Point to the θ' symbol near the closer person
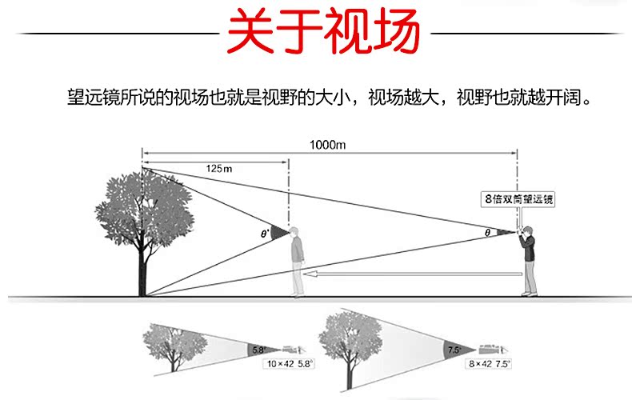265,234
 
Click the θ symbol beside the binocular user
487,233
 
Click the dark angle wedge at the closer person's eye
279,233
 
